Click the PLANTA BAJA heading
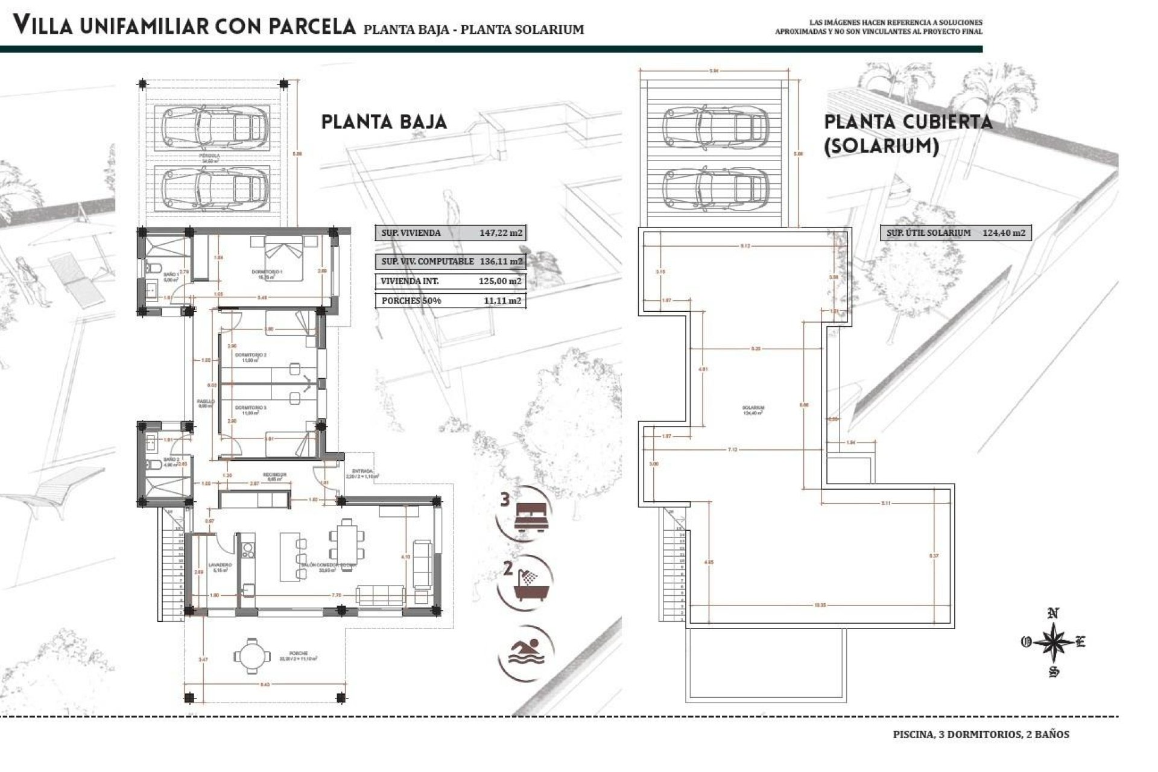[x=384, y=122]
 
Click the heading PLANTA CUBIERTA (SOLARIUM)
[x=907, y=133]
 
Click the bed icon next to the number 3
[x=531, y=517]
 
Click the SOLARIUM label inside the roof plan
[x=753, y=408]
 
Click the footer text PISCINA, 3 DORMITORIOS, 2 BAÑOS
[x=981, y=735]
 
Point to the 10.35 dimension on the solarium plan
[x=818, y=604]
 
